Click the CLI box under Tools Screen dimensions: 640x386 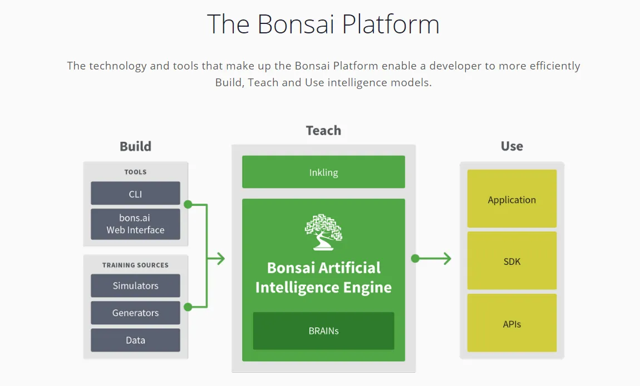click(x=135, y=194)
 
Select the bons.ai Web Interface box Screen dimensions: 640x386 click(x=135, y=224)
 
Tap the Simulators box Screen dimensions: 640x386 click(x=135, y=286)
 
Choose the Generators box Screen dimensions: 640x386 click(x=135, y=313)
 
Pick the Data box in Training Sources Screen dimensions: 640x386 click(x=135, y=340)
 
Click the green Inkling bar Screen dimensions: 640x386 click(x=324, y=172)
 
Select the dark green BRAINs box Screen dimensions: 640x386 click(x=324, y=331)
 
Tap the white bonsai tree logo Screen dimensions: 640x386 click(x=323, y=232)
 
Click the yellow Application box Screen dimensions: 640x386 click(x=512, y=199)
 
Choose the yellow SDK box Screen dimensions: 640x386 click(x=512, y=261)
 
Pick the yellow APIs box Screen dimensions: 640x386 click(x=512, y=323)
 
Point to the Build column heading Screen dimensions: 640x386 click(x=135, y=146)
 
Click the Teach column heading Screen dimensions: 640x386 click(x=324, y=131)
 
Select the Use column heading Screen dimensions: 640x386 click(x=512, y=146)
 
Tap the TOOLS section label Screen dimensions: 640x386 click(x=135, y=172)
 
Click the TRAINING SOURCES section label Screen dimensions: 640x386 click(x=135, y=265)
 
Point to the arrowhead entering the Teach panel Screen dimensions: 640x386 click(x=220, y=258)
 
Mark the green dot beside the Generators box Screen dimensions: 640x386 click(x=188, y=307)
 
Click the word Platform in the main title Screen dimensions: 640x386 click(x=391, y=24)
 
